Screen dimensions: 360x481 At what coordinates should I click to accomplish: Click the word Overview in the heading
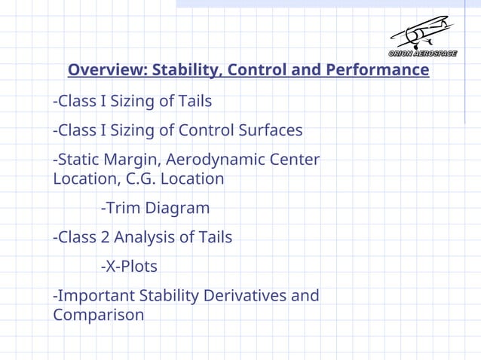tap(106, 70)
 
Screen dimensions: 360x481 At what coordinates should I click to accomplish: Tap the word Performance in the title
tap(378, 70)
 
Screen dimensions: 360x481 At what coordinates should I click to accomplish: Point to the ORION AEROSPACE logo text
tap(422, 53)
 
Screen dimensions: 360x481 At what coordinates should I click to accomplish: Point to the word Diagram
tap(180, 208)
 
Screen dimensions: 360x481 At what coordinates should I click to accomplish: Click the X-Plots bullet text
tap(129, 267)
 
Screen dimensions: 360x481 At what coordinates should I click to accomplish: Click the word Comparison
tap(98, 315)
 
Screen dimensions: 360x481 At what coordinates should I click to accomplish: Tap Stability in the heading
tap(187, 70)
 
